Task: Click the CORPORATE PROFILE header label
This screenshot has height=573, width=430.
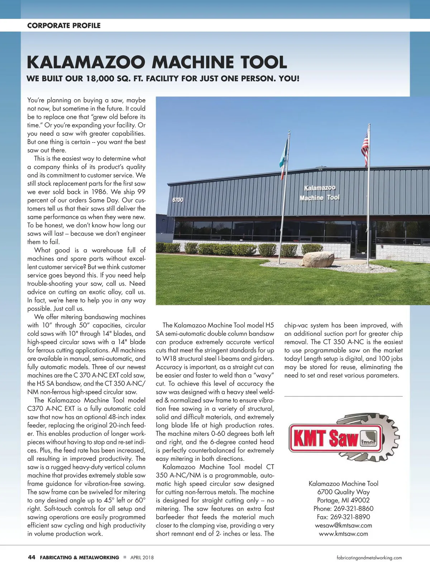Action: [x=64, y=25]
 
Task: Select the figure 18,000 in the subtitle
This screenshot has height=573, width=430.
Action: [x=100, y=78]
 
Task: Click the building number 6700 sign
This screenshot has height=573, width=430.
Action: [x=178, y=200]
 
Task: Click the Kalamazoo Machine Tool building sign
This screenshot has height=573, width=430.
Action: [x=319, y=193]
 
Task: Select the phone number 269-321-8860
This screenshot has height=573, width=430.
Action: [x=353, y=509]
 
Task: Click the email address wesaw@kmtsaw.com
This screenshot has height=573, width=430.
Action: [x=343, y=525]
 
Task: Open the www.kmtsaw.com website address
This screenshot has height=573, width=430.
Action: [x=343, y=534]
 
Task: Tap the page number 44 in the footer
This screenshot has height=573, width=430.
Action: [x=32, y=557]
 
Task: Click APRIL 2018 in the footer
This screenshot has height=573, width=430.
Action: [x=142, y=558]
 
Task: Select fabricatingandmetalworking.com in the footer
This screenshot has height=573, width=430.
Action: [x=369, y=558]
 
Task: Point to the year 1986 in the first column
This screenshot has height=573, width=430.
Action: [x=99, y=192]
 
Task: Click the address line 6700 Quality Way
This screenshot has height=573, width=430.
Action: [x=343, y=492]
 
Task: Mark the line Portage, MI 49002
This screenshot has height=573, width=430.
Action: [x=343, y=500]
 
